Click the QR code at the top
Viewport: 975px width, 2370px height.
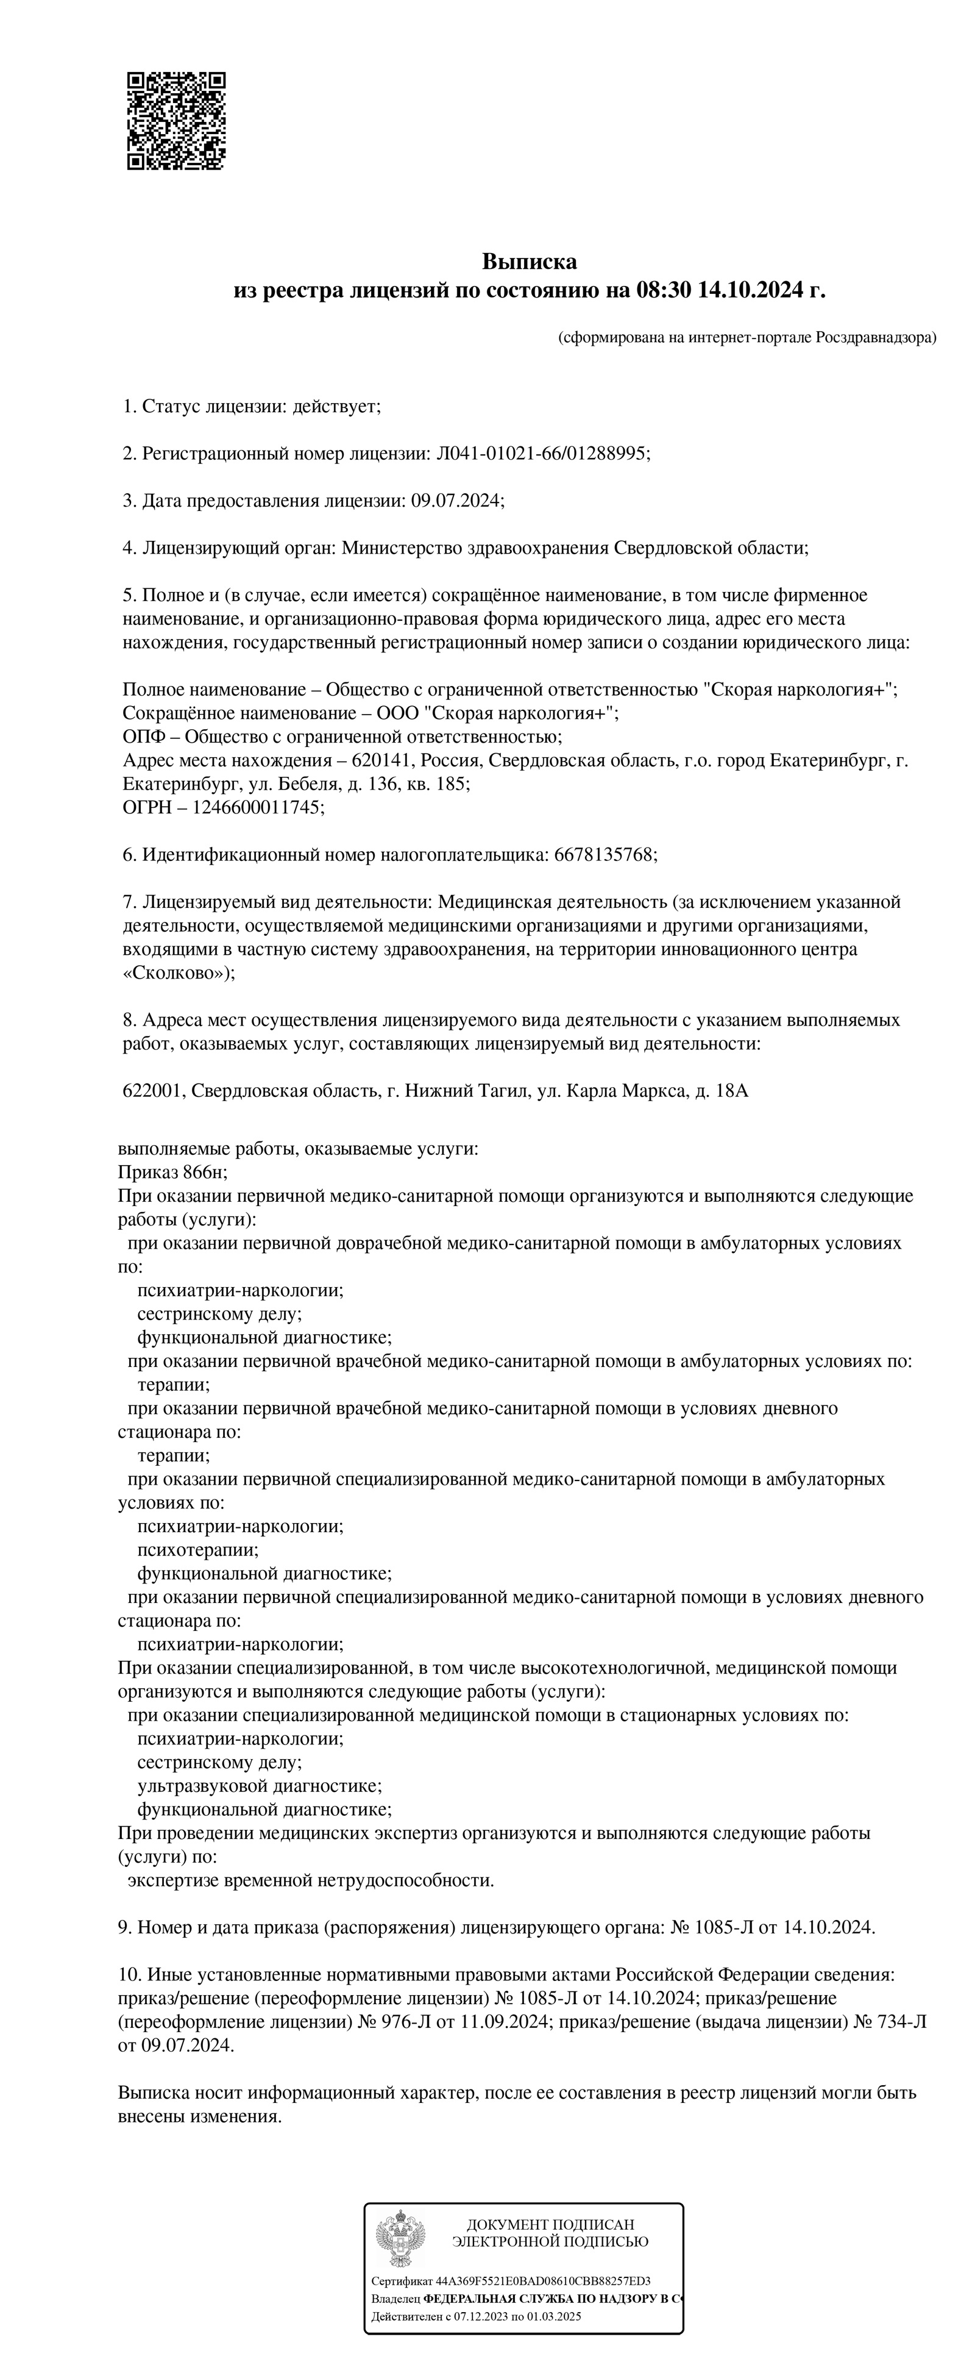tap(175, 121)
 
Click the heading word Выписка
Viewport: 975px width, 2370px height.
tap(529, 262)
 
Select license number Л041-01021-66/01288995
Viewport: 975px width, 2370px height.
tap(542, 454)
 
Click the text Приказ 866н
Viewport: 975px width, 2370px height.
tap(172, 1172)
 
